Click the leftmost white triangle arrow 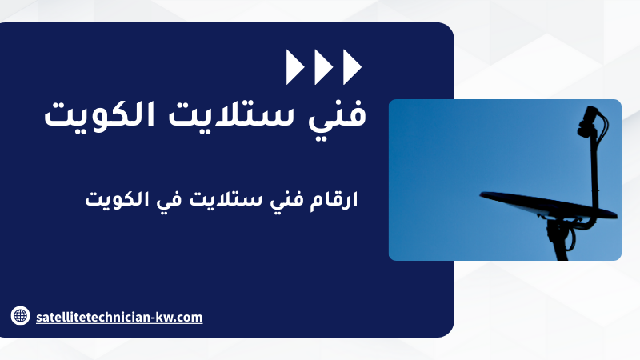pos(294,67)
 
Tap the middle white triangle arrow pos(323,67)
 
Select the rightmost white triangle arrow pos(352,67)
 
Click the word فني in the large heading pos(337,115)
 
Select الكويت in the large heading pos(99,114)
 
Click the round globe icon pos(21,315)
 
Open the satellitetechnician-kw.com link pos(119,317)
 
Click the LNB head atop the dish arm pos(587,121)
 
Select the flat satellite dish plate pos(548,206)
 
